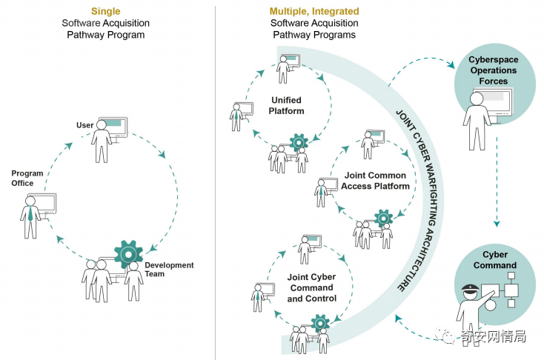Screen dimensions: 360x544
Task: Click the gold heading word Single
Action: pyautogui.click(x=105, y=11)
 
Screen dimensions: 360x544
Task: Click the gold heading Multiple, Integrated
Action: pyautogui.click(x=314, y=11)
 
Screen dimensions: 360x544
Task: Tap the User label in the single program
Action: pyautogui.click(x=84, y=125)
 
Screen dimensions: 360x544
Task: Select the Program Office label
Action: pyautogui.click(x=27, y=179)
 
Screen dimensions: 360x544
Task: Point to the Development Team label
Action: pyautogui.click(x=169, y=270)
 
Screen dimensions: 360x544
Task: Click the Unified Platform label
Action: pyautogui.click(x=286, y=105)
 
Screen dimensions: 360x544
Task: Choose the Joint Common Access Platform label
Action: pyautogui.click(x=375, y=181)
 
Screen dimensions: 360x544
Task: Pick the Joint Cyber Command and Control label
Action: pyautogui.click(x=311, y=287)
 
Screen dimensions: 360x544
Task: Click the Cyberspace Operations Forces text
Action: pyautogui.click(x=492, y=70)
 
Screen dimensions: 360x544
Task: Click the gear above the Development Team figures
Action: pyautogui.click(x=128, y=253)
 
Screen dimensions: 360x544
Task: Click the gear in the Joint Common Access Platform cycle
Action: pyautogui.click(x=382, y=218)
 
